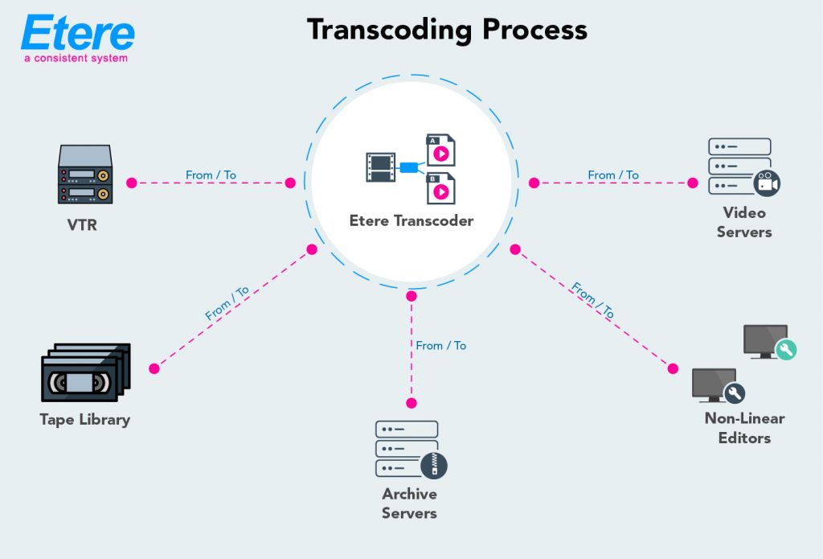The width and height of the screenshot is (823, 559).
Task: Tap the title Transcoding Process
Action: pyautogui.click(x=447, y=30)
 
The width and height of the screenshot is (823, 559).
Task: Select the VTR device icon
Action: pyautogui.click(x=84, y=175)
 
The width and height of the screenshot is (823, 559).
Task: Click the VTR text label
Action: pyautogui.click(x=82, y=225)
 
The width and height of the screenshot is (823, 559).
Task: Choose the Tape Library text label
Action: pyautogui.click(x=84, y=419)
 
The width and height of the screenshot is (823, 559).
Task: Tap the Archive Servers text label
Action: pyautogui.click(x=410, y=503)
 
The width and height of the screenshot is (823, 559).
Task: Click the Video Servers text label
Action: pyautogui.click(x=743, y=222)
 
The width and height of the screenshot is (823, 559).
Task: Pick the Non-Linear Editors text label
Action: pyautogui.click(x=744, y=428)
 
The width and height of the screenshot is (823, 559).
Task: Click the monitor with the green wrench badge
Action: pyautogui.click(x=767, y=342)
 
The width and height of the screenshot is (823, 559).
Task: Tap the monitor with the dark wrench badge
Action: pyautogui.click(x=716, y=385)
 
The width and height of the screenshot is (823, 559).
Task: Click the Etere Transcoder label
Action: pyautogui.click(x=411, y=220)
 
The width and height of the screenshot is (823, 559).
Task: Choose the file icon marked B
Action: pyautogui.click(x=440, y=188)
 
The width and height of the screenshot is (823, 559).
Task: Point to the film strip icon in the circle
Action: pyautogui.click(x=380, y=167)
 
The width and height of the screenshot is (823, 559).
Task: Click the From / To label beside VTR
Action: pyautogui.click(x=211, y=175)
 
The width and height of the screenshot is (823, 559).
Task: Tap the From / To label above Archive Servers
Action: pyautogui.click(x=440, y=345)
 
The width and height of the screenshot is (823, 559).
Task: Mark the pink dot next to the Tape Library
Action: pyautogui.click(x=154, y=369)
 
